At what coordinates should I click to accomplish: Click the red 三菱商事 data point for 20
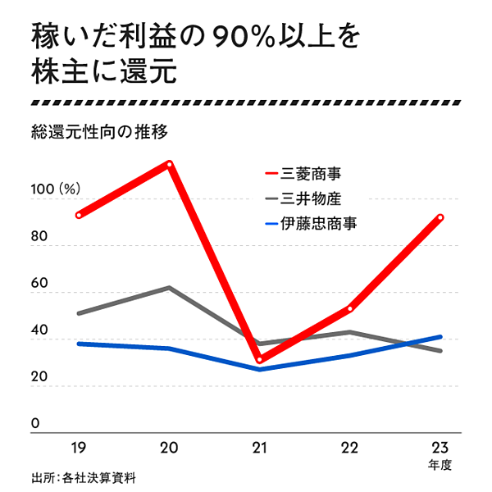pos(169,163)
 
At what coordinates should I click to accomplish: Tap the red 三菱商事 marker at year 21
pos(259,359)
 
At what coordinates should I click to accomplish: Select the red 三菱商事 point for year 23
pos(440,217)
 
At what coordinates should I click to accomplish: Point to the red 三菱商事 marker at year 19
pos(79,215)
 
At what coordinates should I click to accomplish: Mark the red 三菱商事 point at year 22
pos(349,308)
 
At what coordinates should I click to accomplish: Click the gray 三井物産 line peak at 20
pos(169,287)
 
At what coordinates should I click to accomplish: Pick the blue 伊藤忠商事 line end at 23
pos(440,336)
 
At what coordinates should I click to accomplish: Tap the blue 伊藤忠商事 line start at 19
pos(79,344)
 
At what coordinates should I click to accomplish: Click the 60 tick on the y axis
pos(37,282)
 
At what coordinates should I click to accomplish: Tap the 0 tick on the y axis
pos(35,423)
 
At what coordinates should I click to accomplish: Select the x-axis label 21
pos(259,448)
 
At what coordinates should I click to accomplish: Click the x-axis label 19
pos(79,448)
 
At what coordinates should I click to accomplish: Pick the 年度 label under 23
pos(440,466)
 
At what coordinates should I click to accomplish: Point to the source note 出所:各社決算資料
pos(83,476)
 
